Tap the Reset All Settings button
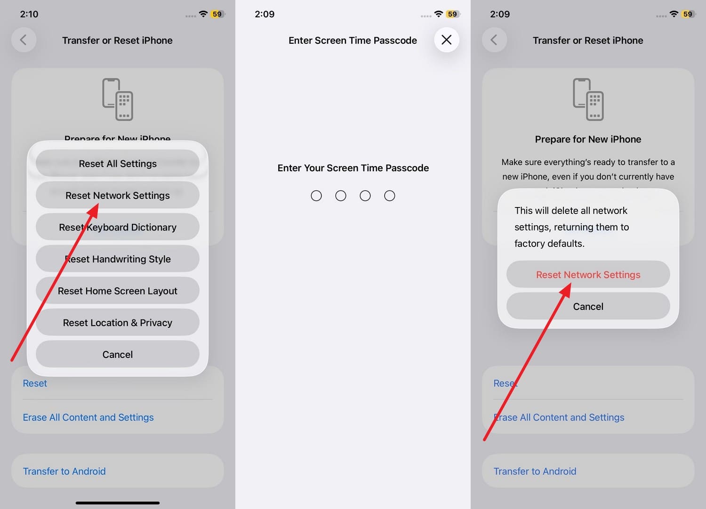pyautogui.click(x=118, y=164)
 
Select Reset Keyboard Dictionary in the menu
pyautogui.click(x=118, y=227)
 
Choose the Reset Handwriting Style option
pyautogui.click(x=118, y=259)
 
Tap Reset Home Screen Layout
pyautogui.click(x=118, y=291)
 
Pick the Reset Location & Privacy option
pyautogui.click(x=118, y=323)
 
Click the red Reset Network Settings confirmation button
pyautogui.click(x=588, y=275)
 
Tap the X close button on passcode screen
pyautogui.click(x=446, y=40)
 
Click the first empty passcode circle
pyautogui.click(x=316, y=196)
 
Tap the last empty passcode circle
pyautogui.click(x=389, y=196)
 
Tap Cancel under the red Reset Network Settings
pyautogui.click(x=588, y=307)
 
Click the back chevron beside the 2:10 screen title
pyautogui.click(x=24, y=40)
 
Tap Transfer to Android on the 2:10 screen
pyautogui.click(x=64, y=471)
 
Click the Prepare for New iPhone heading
pyautogui.click(x=588, y=139)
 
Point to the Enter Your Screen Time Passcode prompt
pyautogui.click(x=353, y=168)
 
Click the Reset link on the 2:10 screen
pyautogui.click(x=35, y=383)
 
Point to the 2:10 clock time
pyautogui.click(x=29, y=14)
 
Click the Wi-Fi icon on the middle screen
pyautogui.click(x=438, y=14)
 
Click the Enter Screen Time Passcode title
pyautogui.click(x=353, y=40)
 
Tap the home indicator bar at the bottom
pyautogui.click(x=118, y=503)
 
